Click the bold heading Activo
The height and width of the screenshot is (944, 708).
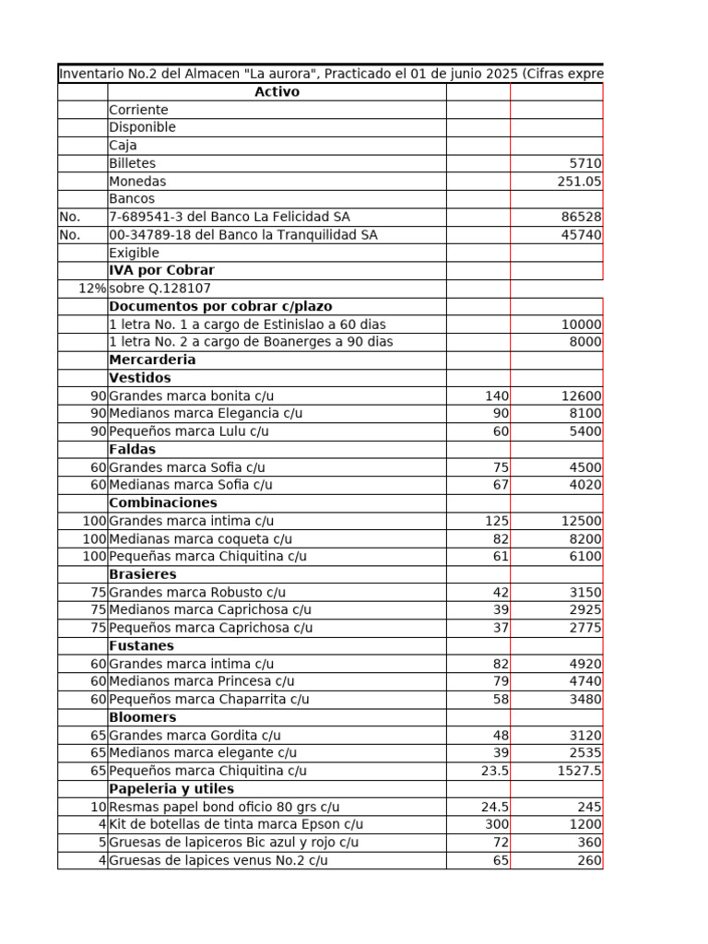[277, 92]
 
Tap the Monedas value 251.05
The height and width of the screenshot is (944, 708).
[579, 182]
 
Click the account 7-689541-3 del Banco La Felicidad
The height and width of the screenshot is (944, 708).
[229, 217]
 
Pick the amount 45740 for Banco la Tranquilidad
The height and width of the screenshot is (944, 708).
[581, 235]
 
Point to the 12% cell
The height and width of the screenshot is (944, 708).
[92, 289]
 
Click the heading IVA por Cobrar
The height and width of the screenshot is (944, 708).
[161, 270]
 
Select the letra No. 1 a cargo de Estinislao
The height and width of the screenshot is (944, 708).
[247, 324]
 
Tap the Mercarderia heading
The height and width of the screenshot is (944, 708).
[152, 360]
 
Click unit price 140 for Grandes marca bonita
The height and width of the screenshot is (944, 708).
[497, 395]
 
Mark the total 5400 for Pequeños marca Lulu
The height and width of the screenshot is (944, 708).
[585, 431]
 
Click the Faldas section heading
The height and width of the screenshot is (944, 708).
[133, 449]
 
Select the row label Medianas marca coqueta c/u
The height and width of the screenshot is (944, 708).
[200, 538]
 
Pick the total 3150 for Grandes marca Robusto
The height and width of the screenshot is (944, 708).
[585, 592]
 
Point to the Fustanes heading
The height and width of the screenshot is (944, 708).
[141, 645]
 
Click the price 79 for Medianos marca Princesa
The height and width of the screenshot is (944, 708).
[501, 681]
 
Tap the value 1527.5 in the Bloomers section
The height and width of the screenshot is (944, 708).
[579, 771]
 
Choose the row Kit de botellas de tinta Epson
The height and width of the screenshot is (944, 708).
[236, 824]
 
